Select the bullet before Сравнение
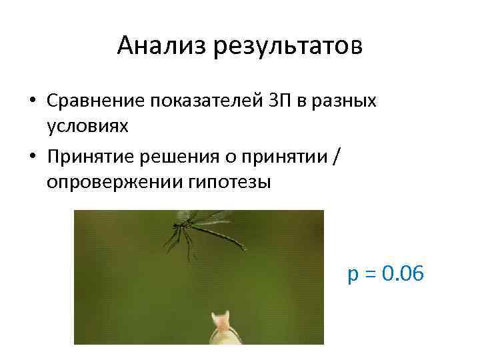tap(32, 101)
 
